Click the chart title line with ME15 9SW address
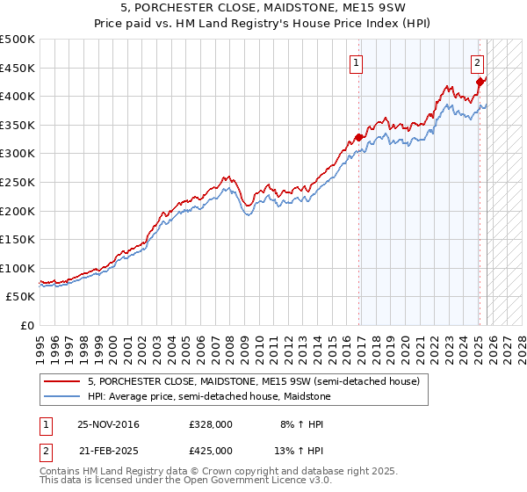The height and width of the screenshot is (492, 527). point(263,9)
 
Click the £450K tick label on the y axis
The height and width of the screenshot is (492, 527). point(18,68)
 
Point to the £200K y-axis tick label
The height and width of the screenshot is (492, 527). point(18,211)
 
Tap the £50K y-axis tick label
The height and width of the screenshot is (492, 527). point(21,297)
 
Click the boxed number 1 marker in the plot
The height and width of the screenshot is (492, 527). point(357,62)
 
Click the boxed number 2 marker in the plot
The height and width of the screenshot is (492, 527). point(477,62)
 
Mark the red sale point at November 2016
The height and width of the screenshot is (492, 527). point(359,137)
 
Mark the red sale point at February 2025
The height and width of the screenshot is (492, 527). point(480,82)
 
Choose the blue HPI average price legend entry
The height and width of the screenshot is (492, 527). point(208,396)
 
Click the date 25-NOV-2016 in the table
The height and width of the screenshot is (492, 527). point(108,424)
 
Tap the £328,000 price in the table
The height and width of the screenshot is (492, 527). point(211,424)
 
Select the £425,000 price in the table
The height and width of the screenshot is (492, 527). point(211,450)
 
